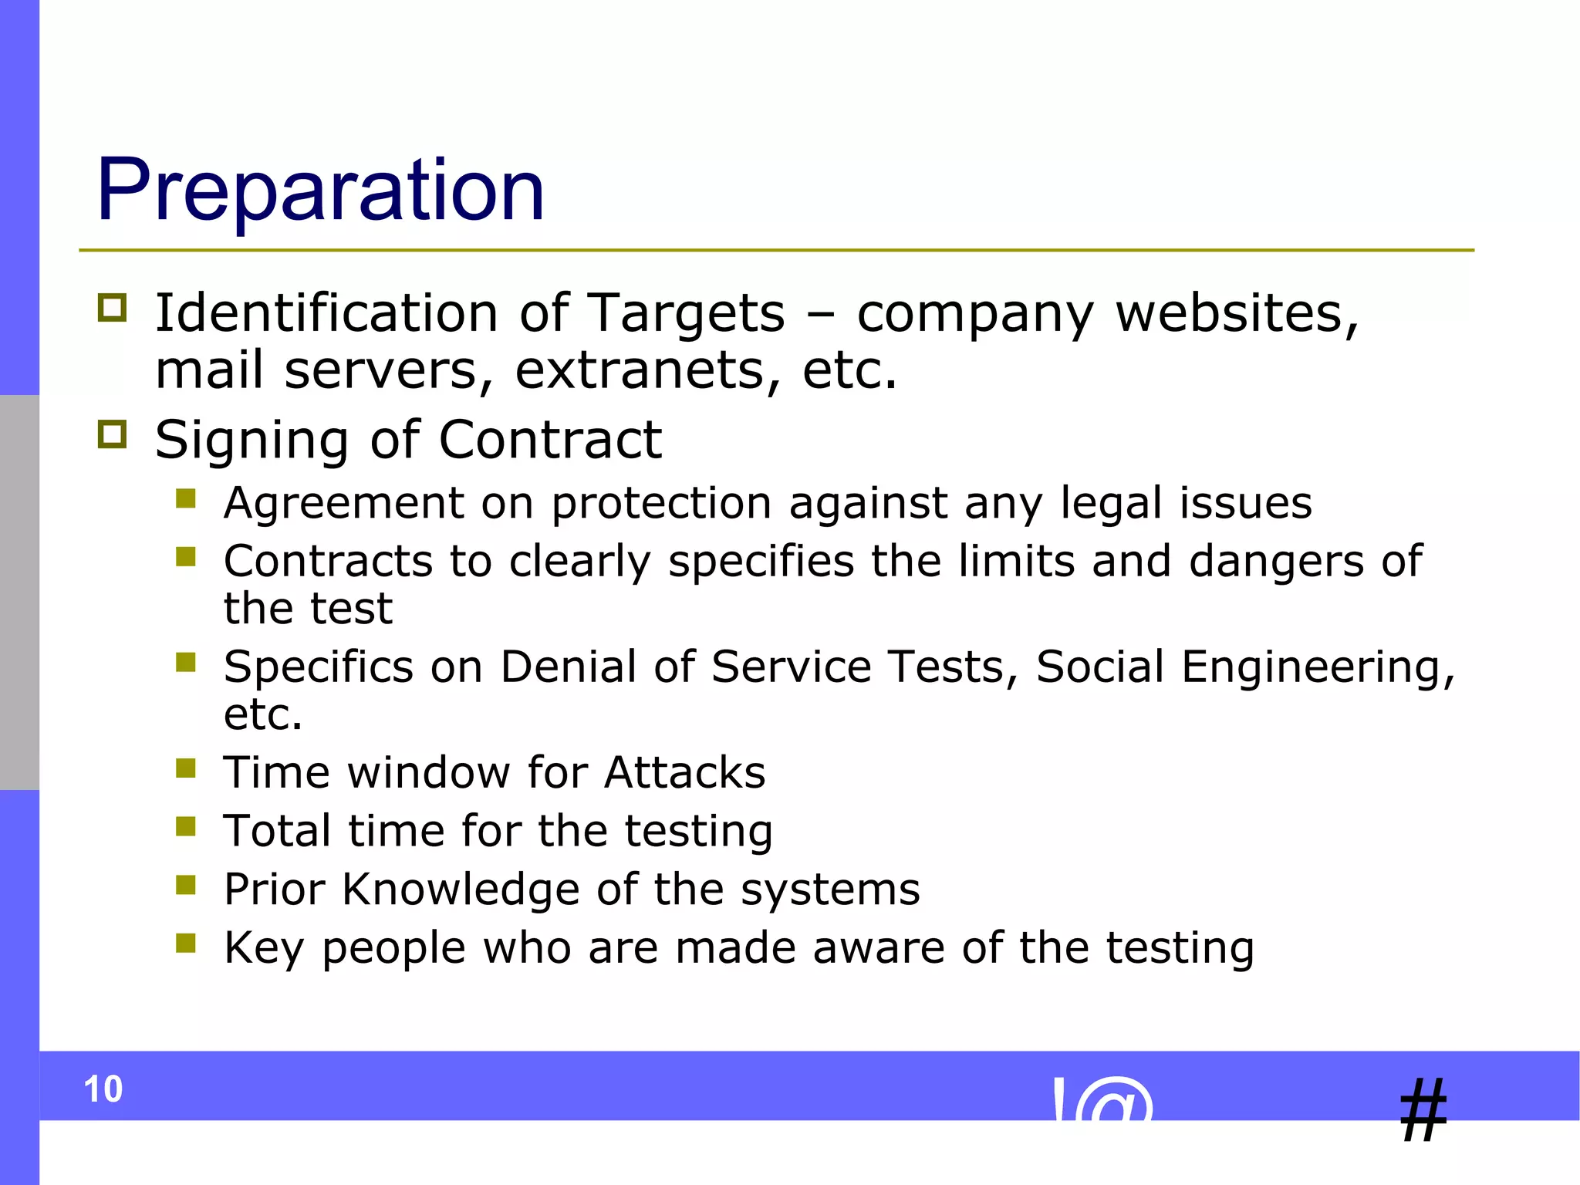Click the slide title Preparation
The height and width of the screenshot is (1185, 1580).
coord(320,190)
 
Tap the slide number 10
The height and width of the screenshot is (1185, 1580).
coord(103,1089)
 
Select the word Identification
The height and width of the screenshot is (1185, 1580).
coord(326,313)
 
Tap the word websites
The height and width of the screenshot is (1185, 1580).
coord(1237,315)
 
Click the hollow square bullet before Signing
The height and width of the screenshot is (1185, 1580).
coord(113,434)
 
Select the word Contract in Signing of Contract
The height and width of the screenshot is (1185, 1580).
coord(550,441)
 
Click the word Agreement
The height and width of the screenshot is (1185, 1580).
coord(344,504)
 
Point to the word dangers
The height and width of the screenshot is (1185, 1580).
coord(1276,561)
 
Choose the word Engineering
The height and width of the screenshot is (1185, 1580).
coord(1317,667)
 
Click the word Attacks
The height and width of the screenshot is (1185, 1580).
coord(684,772)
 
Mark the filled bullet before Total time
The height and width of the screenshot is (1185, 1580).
coord(186,826)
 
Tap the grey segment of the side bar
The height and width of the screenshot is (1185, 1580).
coord(19,592)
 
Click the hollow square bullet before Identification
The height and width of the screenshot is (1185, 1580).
coord(113,308)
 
